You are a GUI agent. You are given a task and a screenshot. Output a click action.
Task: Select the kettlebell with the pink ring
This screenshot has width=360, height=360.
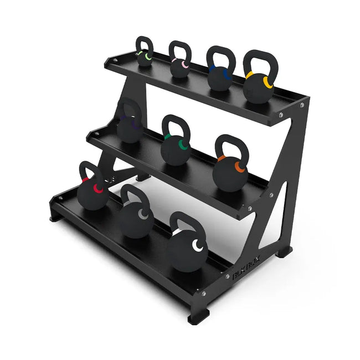pyautogui.click(x=180, y=68)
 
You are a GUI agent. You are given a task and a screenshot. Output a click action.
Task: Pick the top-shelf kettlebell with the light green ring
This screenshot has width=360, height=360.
pyautogui.click(x=144, y=58)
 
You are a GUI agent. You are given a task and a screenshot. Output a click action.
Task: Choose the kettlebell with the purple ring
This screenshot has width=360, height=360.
pyautogui.click(x=129, y=129)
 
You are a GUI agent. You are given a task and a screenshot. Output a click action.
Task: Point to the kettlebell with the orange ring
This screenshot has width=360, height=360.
pyautogui.click(x=228, y=172)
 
